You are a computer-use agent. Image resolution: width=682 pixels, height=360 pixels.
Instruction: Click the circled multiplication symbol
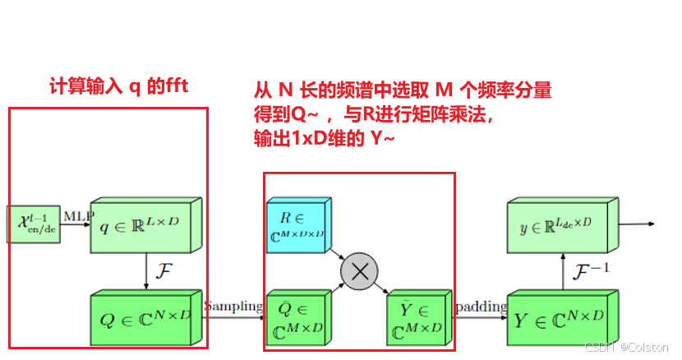coord(359,273)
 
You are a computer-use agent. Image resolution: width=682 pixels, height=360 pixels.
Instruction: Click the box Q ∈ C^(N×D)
coord(143,316)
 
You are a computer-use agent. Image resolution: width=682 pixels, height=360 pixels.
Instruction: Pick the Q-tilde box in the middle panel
coord(297,319)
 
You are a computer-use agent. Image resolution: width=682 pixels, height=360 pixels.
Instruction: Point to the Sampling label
coord(233,307)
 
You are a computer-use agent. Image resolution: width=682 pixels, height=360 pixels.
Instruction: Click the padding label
coord(480,307)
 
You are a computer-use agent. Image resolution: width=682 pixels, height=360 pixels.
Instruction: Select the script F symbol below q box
coord(164,270)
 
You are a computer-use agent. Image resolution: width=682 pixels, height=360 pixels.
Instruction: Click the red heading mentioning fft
coord(118,85)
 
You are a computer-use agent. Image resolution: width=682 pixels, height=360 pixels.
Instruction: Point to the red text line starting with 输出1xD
coord(325,139)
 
